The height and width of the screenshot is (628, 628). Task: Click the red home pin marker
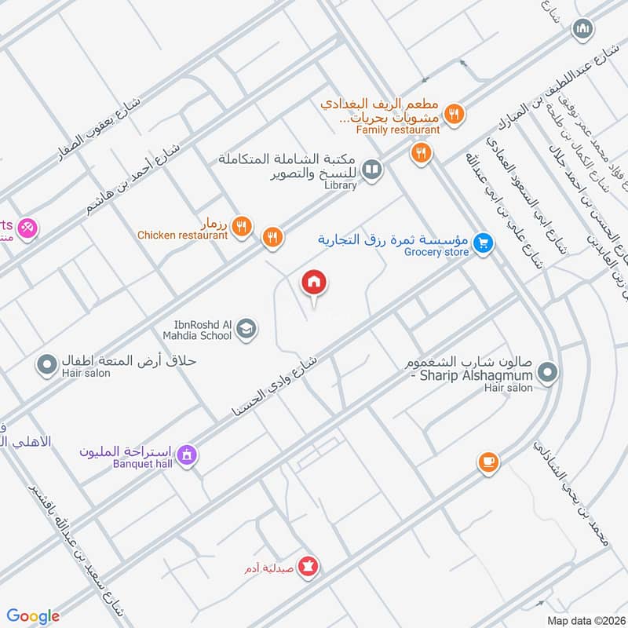[314, 283]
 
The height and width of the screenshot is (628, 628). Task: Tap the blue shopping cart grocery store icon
[484, 244]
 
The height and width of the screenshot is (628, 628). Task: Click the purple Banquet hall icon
[187, 455]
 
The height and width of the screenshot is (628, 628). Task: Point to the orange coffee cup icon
[488, 462]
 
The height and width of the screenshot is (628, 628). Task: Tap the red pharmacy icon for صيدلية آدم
[309, 565]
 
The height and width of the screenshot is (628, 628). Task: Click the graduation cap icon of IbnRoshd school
[246, 329]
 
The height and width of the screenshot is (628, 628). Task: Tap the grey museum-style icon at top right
[582, 30]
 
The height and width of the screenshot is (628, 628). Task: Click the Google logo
[34, 616]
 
